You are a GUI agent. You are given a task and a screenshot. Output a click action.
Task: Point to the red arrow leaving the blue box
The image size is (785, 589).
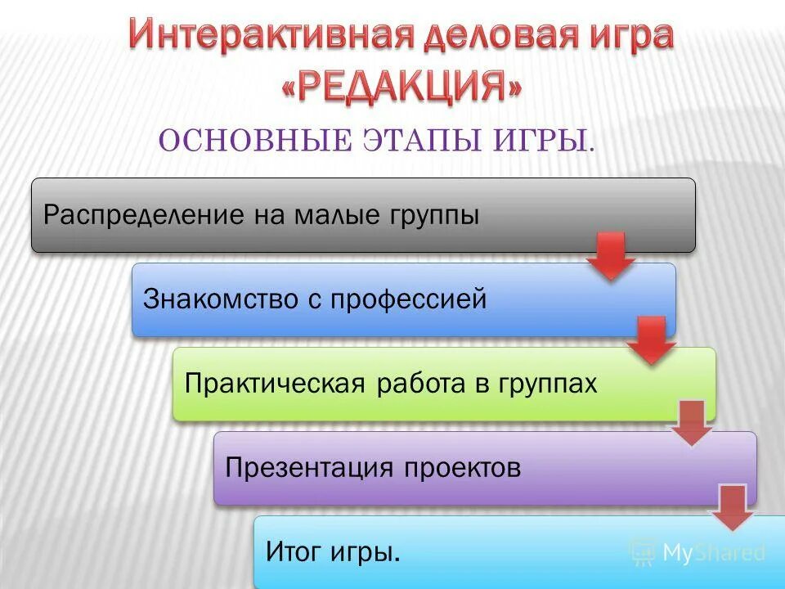(652, 340)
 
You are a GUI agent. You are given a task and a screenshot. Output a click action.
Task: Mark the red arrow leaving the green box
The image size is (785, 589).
(692, 423)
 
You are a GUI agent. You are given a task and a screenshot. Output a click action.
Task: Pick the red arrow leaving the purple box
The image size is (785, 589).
(732, 507)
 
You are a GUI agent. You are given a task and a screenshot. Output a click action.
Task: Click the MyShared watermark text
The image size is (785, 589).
(713, 553)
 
